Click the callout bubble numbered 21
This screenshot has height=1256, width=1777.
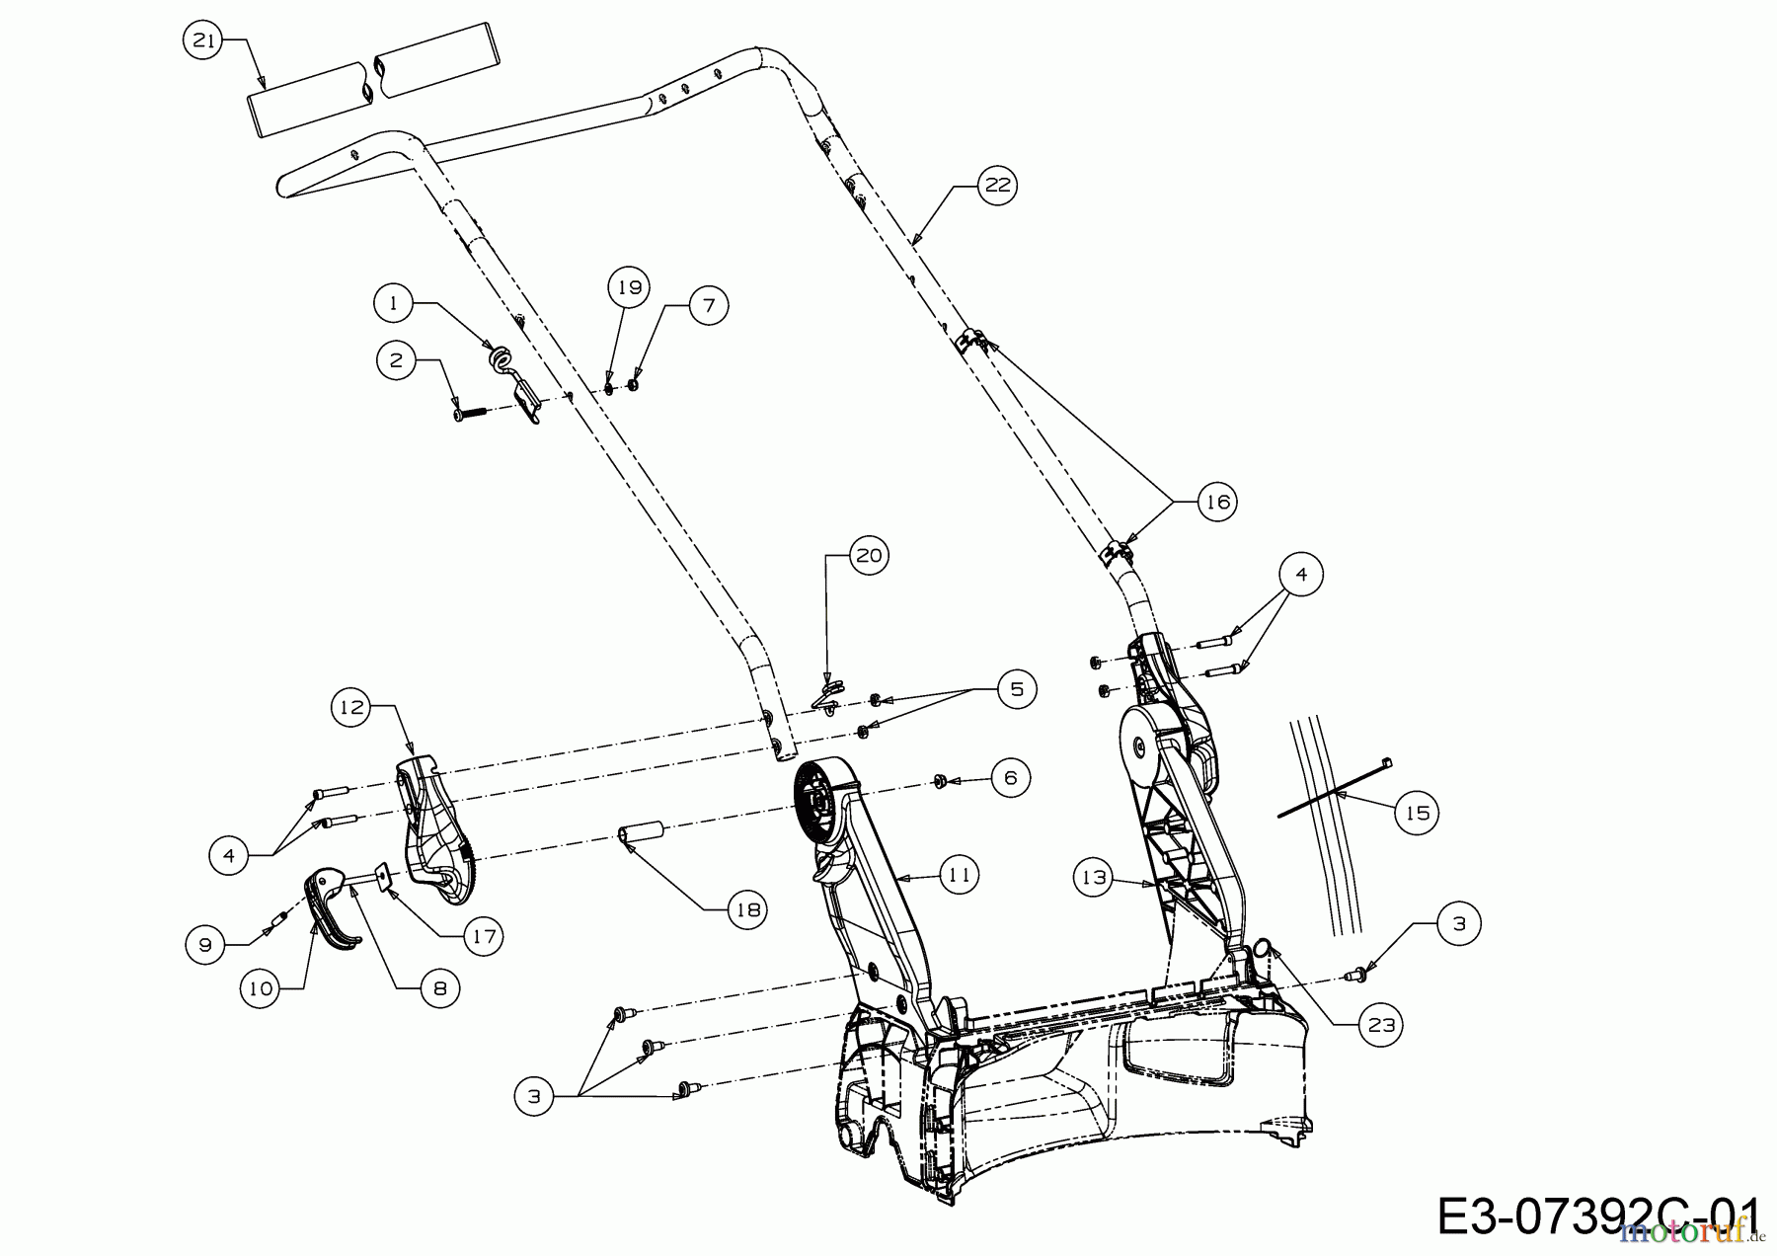coord(202,40)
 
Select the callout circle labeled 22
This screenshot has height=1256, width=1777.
coord(998,186)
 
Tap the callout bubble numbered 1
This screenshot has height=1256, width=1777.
coord(394,303)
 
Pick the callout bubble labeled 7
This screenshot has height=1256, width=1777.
coord(708,305)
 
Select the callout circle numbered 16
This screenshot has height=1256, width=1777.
coord(1217,503)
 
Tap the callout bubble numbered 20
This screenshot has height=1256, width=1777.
coord(868,556)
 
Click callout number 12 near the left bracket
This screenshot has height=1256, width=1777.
coord(350,707)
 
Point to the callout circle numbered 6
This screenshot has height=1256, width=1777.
coord(1010,778)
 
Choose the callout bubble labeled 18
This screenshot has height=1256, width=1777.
coord(747,908)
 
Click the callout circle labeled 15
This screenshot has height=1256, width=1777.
coord(1417,814)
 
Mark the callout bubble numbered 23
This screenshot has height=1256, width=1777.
coord(1380,1025)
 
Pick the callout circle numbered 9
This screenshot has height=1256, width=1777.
coord(205,945)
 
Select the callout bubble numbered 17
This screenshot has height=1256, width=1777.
coord(483,935)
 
